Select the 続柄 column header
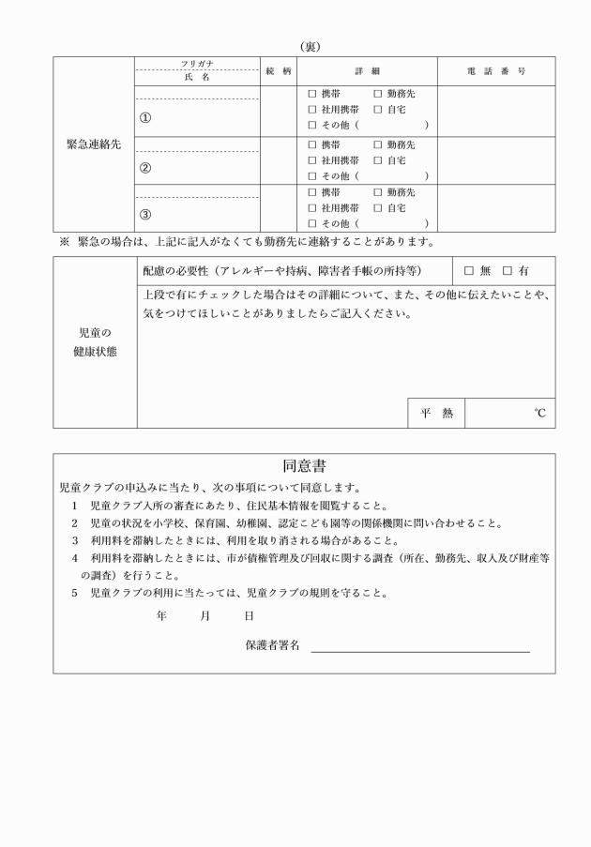[x=279, y=72]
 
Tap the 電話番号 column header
[x=495, y=72]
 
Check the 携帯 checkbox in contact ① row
[x=312, y=94]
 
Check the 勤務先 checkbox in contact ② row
[x=378, y=145]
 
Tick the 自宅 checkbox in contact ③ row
[x=378, y=207]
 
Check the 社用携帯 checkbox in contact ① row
[x=312, y=109]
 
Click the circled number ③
[x=145, y=214]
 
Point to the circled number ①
[x=145, y=119]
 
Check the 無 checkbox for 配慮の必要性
[x=469, y=271]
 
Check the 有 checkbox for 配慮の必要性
[x=508, y=271]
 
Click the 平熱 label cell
[x=435, y=413]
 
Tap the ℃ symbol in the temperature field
[x=539, y=413]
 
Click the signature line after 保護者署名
[x=420, y=649]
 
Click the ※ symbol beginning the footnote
[x=65, y=242]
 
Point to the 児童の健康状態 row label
[x=94, y=342]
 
